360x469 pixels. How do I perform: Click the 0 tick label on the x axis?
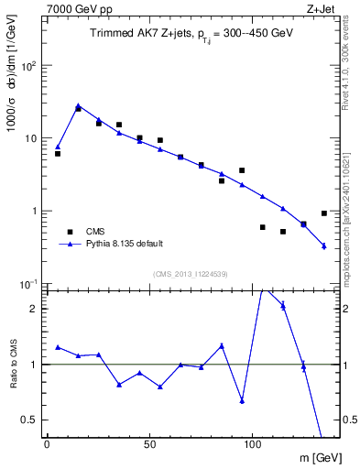point(47,444)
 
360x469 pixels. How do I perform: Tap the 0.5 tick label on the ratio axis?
point(30,420)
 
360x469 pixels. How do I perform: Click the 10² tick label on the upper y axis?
point(28,66)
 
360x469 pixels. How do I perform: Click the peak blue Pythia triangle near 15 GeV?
point(78,106)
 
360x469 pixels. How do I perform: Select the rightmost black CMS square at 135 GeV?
point(324,213)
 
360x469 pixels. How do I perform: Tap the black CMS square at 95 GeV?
point(242,170)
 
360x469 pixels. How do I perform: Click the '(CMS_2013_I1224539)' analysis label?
point(191,273)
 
